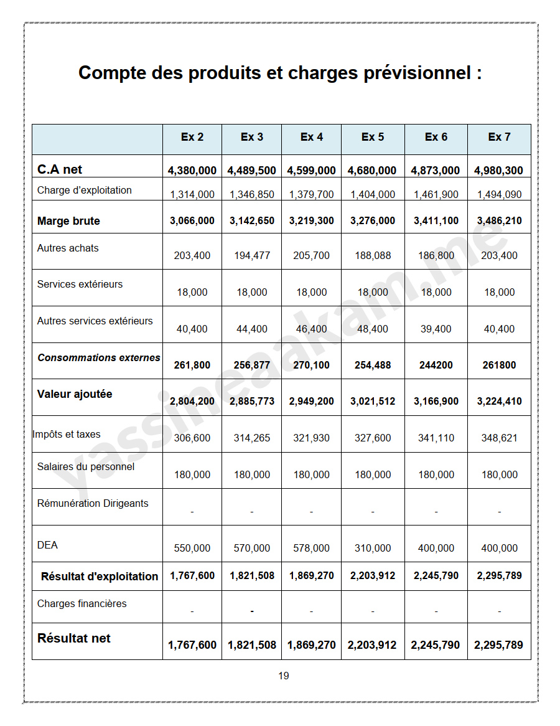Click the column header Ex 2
point(192,137)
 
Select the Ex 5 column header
point(373,137)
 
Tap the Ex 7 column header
point(499,137)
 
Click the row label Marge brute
point(68,221)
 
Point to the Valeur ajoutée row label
point(75,394)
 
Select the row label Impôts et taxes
point(67,434)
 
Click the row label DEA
point(47,545)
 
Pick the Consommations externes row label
point(99,358)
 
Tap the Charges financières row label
point(82,603)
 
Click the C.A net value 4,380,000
point(192,171)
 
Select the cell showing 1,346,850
point(252,194)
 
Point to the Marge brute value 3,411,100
point(436,221)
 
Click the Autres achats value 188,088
point(373,255)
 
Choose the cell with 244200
point(436,365)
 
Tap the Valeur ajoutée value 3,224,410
point(499,402)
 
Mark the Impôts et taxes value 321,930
point(311,438)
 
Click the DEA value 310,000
point(373,549)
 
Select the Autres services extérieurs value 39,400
point(436,329)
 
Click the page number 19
point(283,676)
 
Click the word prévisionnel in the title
point(411,73)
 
